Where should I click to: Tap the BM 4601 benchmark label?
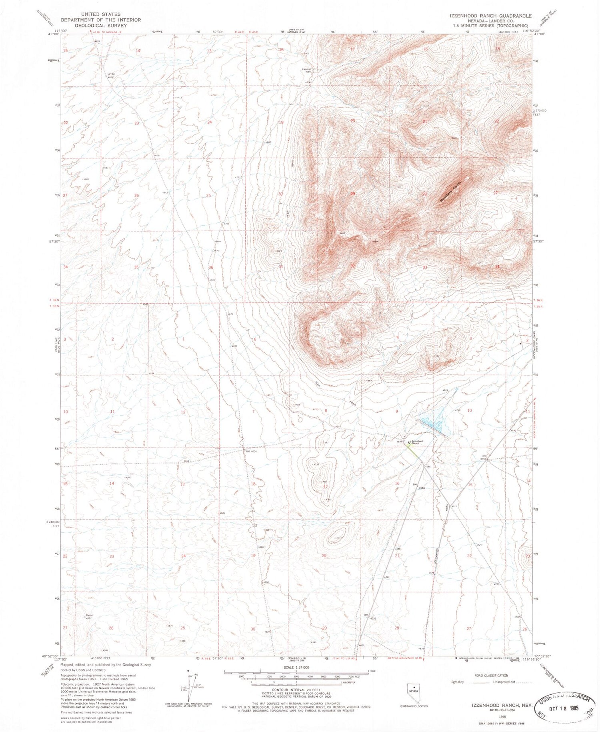coord(251,451)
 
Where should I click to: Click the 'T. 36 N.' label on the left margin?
coord(55,300)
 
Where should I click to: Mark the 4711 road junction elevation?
coord(454,507)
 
